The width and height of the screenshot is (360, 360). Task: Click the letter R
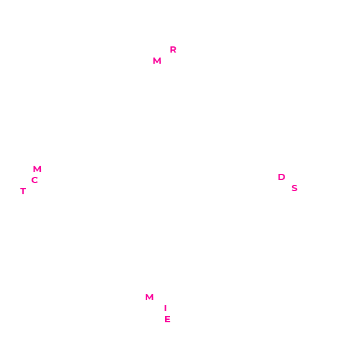[x=173, y=49]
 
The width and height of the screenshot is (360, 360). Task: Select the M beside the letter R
[x=157, y=61]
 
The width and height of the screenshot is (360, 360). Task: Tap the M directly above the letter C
[x=37, y=169]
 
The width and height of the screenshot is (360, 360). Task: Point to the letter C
[x=35, y=180]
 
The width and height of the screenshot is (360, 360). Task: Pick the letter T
[x=23, y=191]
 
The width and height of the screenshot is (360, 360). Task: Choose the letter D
[x=281, y=177]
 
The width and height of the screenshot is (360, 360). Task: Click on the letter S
[x=294, y=188]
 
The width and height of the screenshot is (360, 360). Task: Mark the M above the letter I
[x=150, y=297]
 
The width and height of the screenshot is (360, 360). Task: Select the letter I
[x=165, y=308]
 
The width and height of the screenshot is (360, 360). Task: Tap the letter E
[x=168, y=319]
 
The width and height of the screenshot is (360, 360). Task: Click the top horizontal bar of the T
[x=23, y=189]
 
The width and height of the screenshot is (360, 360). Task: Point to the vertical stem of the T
[x=23, y=192]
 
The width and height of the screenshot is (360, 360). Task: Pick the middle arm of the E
[x=168, y=319]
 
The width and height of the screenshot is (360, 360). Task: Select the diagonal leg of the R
[x=174, y=51]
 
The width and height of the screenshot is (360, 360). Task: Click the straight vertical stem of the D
[x=280, y=177]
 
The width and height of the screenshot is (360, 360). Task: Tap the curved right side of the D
[x=285, y=177]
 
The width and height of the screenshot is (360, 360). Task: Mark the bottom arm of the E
[x=168, y=322]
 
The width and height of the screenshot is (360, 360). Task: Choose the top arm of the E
[x=168, y=317]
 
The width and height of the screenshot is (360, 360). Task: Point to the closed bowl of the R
[x=174, y=48]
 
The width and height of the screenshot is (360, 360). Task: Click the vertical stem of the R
[x=171, y=49]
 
